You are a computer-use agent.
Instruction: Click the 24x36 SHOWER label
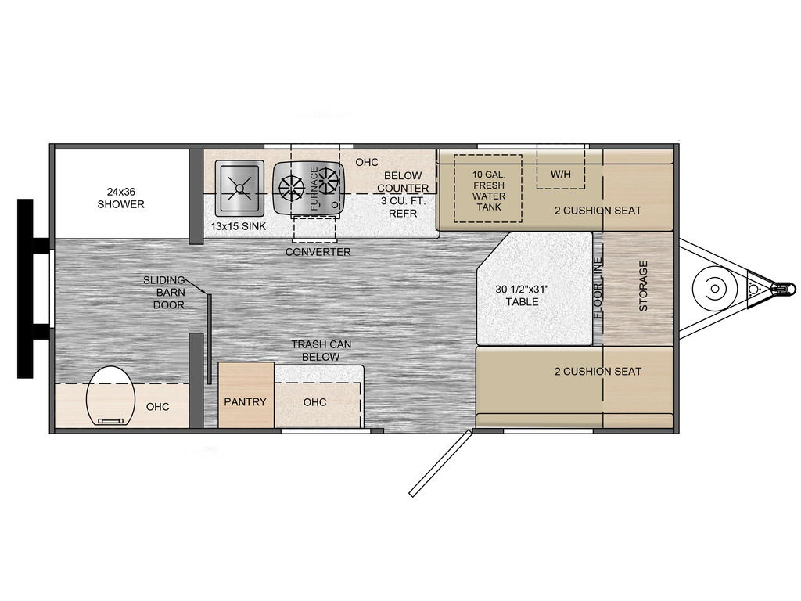[121, 198]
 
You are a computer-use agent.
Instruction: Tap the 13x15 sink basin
[239, 188]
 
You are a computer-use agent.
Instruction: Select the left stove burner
[291, 189]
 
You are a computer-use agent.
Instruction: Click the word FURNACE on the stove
[314, 189]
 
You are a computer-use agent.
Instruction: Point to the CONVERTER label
[318, 252]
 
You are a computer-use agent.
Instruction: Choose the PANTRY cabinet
[246, 394]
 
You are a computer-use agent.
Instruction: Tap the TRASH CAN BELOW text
[321, 351]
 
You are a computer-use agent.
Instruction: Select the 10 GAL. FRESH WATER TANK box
[488, 189]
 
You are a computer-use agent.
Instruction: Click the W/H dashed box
[560, 169]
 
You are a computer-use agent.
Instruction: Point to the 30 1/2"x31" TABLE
[534, 288]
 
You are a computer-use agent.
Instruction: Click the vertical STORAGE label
[643, 286]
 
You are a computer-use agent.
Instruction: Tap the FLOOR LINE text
[598, 288]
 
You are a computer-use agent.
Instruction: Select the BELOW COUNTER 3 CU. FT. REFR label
[403, 194]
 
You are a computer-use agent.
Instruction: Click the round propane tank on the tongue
[715, 289]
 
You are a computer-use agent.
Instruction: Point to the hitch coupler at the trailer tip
[784, 289]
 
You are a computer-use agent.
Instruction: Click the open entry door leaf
[440, 463]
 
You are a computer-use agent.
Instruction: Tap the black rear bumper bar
[25, 288]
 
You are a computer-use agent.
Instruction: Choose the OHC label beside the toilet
[157, 407]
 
